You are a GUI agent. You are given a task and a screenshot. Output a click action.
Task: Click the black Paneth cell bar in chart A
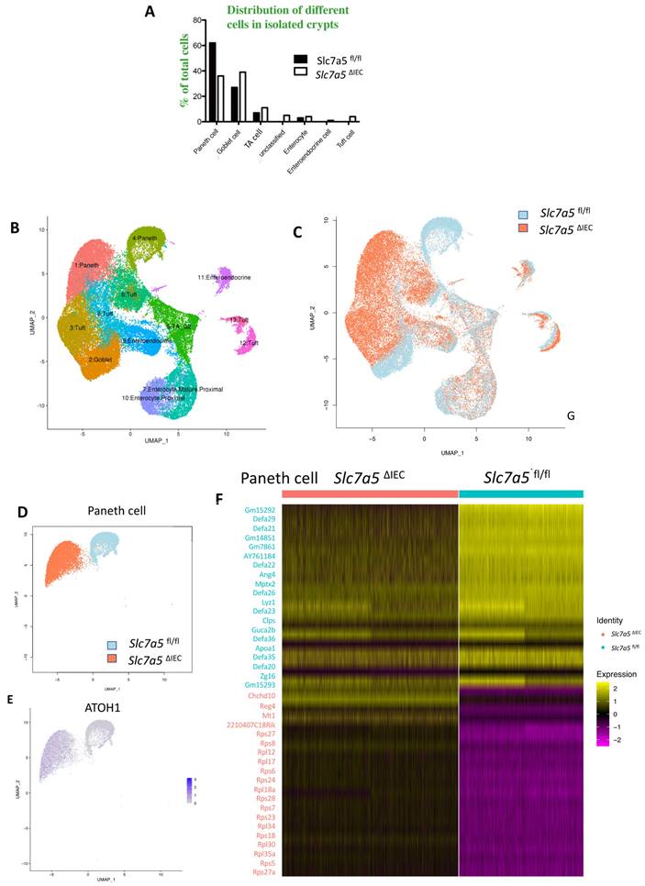pos(212,82)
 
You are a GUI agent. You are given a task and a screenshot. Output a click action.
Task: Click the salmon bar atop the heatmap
pos(370,493)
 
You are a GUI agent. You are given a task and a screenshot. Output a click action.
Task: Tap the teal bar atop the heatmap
pos(520,493)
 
